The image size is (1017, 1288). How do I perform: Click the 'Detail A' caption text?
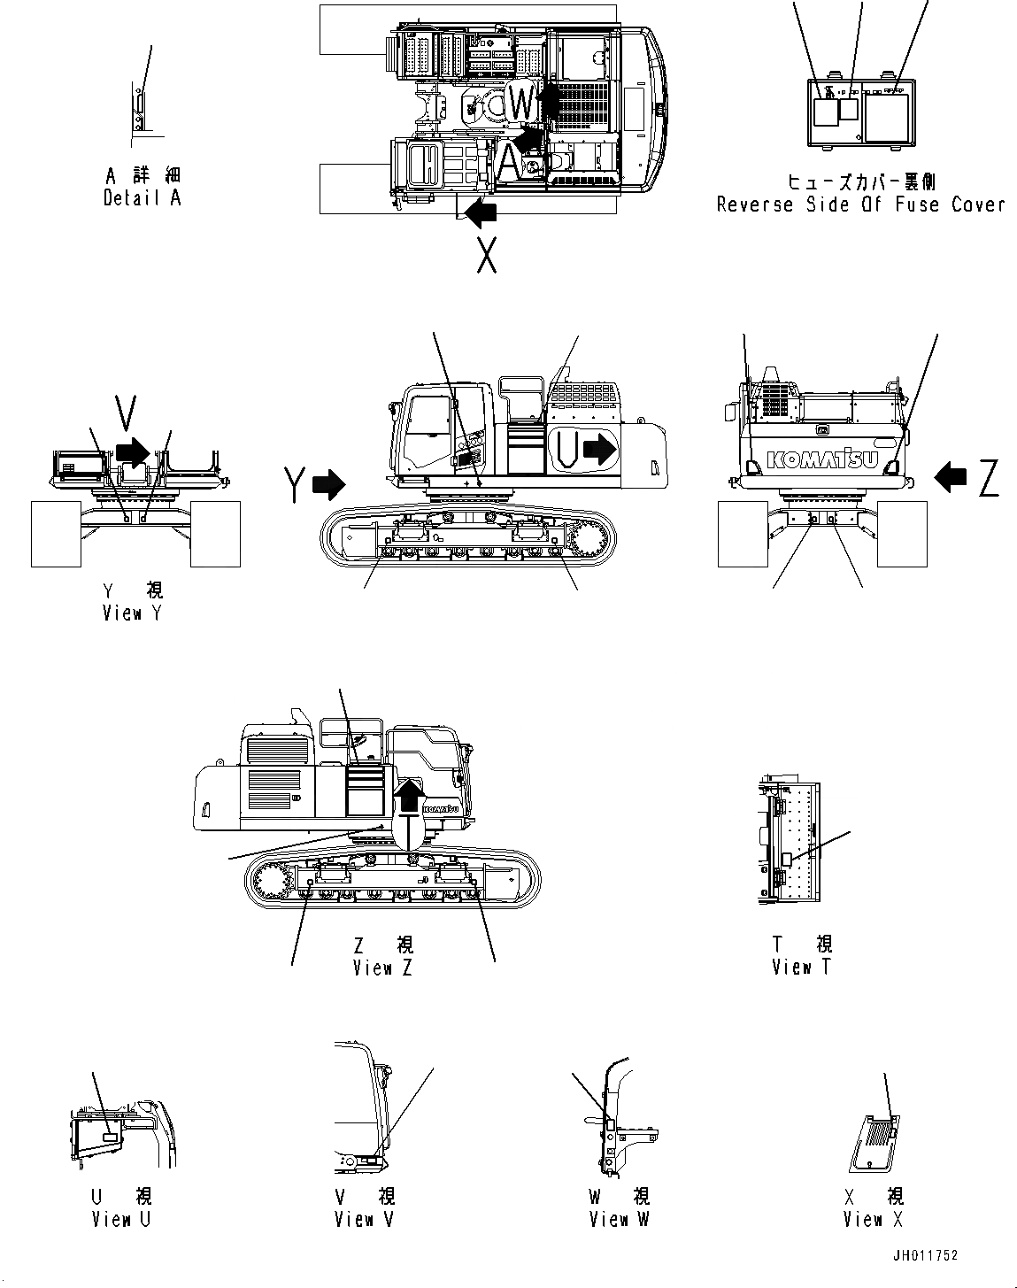click(x=142, y=198)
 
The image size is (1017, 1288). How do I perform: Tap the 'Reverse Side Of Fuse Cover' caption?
click(x=860, y=204)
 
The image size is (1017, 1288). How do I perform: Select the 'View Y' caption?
click(x=132, y=612)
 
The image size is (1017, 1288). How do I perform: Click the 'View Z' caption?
click(x=382, y=968)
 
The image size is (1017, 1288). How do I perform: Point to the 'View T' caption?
click(x=801, y=967)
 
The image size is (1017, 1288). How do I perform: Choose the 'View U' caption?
click(x=121, y=1219)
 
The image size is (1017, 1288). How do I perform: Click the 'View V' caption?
click(x=364, y=1219)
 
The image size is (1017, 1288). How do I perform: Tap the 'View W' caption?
click(x=620, y=1219)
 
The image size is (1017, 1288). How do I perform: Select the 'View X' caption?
click(x=873, y=1219)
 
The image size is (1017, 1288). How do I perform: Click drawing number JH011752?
click(x=925, y=1255)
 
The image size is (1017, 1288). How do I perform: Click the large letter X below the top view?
click(x=486, y=255)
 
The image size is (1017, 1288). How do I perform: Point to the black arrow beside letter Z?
click(x=952, y=477)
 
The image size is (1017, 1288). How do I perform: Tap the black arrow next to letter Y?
click(x=329, y=483)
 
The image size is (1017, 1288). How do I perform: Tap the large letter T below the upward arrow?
click(x=409, y=832)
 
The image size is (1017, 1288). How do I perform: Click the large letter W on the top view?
click(x=523, y=104)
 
